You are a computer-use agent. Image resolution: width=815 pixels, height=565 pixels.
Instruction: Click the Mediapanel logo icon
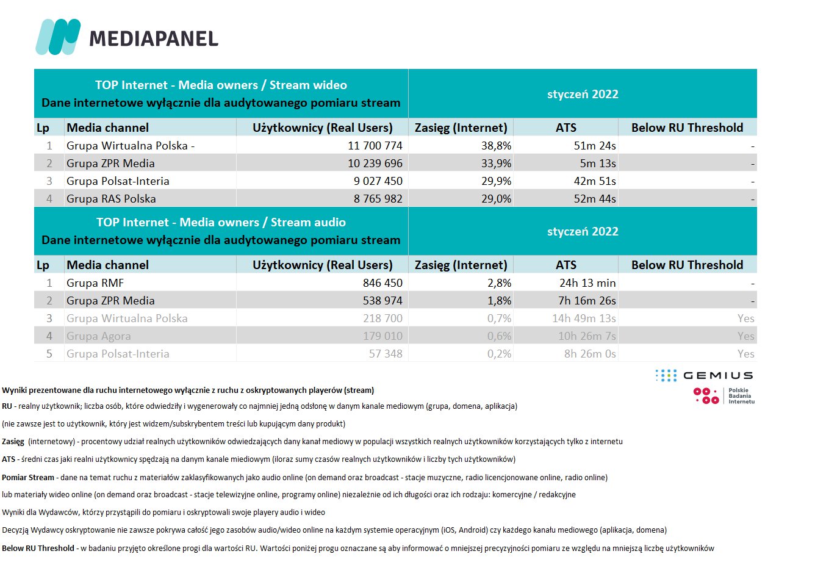(58, 37)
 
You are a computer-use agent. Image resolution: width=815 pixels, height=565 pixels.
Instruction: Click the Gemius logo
(704, 375)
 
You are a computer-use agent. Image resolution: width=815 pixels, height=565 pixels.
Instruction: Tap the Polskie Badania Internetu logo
(724, 396)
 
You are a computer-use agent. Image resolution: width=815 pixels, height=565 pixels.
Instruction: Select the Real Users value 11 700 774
(375, 146)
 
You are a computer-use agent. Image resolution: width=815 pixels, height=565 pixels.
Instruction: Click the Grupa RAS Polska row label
(111, 199)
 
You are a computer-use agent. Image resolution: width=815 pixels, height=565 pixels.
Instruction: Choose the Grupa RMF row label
(95, 283)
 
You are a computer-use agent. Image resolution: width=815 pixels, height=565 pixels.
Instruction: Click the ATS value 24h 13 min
(587, 283)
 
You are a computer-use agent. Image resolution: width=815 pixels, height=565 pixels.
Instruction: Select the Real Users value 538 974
(382, 301)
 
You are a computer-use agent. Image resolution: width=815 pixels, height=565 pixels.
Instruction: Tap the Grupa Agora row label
(99, 336)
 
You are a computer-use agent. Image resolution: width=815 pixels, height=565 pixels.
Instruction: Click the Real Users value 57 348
(386, 354)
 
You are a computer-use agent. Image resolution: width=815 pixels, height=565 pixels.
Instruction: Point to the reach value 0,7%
(499, 318)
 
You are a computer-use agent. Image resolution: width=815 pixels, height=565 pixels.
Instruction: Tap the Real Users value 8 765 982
(378, 199)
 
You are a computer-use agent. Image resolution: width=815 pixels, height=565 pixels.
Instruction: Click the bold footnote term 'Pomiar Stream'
(28, 478)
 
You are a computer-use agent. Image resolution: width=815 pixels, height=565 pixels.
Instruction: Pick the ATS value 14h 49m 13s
(584, 318)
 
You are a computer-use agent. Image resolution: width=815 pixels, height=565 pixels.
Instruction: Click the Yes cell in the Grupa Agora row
(745, 336)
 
